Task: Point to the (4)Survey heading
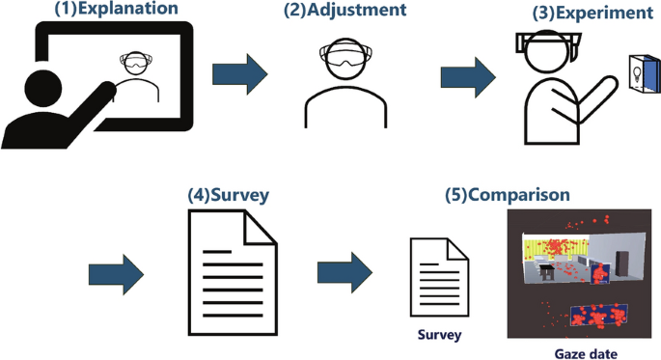228,194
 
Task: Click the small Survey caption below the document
440,335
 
